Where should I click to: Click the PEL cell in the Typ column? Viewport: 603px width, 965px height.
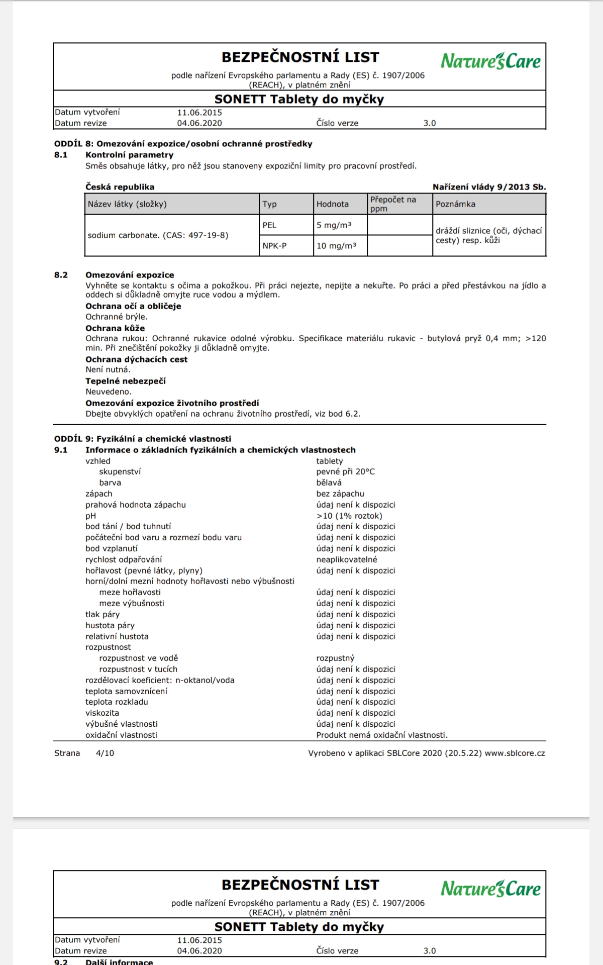[270, 225]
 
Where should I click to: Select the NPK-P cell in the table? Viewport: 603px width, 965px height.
[274, 246]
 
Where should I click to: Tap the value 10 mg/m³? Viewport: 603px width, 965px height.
[336, 246]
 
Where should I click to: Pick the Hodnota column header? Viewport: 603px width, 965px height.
[333, 204]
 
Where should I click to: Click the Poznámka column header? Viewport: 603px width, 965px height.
[455, 204]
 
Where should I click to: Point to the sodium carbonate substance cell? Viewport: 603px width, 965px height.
[158, 235]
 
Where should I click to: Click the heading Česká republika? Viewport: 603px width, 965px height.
[120, 187]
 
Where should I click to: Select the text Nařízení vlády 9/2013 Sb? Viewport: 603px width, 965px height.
[489, 187]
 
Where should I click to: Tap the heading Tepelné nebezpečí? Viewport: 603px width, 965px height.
[125, 381]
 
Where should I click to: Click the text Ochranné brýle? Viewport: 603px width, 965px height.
[116, 317]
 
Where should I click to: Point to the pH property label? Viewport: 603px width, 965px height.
[90, 516]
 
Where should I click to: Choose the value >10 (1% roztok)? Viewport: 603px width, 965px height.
[349, 516]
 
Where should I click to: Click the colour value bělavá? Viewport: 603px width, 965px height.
[329, 482]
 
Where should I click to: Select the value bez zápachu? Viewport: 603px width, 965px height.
[340, 494]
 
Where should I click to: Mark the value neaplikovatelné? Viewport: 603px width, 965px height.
[347, 559]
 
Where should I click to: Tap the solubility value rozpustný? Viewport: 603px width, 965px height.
[335, 658]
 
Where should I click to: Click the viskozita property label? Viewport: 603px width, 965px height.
[102, 713]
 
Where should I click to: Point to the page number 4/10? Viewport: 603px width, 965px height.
[105, 753]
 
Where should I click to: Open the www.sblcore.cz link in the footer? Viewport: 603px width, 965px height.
[515, 753]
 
